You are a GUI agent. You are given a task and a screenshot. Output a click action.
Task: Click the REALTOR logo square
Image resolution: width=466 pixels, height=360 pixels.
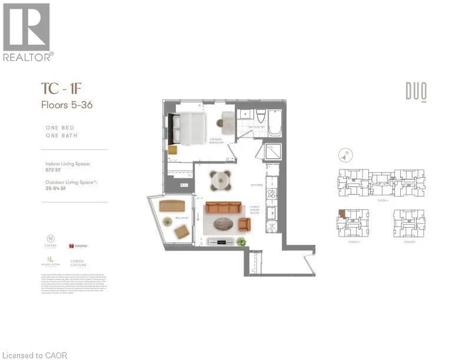point(26,26)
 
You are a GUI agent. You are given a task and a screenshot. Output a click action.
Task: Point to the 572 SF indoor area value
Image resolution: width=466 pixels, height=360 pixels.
point(54,169)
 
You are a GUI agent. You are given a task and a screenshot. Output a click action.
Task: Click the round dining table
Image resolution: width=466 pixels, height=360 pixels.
point(221,178)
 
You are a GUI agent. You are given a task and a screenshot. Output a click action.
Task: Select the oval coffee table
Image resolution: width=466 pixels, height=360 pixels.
point(225,224)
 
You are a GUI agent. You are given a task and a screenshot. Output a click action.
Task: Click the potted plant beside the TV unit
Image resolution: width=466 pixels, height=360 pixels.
point(241,240)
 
